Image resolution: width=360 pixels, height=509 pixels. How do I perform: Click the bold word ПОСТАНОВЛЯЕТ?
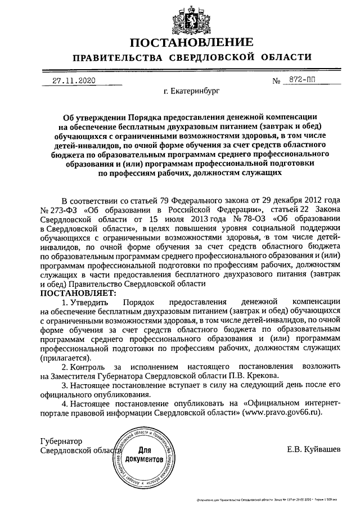[x=77, y=293]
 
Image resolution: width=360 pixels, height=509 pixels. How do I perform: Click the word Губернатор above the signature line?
[x=62, y=440]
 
